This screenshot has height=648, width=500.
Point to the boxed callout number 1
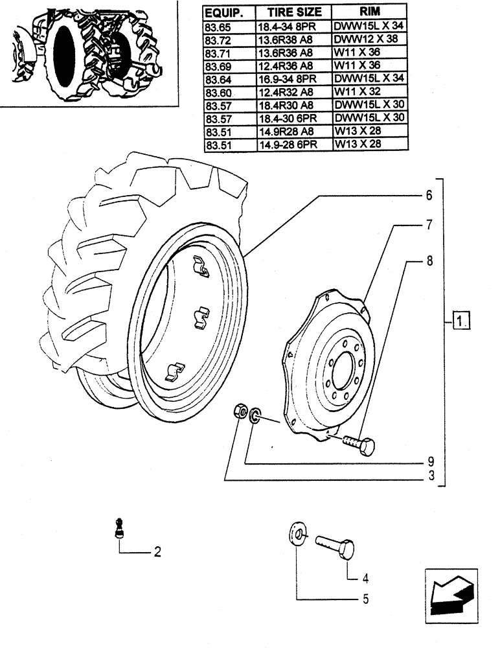coord(461,320)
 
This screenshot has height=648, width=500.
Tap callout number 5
coord(366,599)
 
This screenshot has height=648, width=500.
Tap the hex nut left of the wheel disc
coord(239,411)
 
